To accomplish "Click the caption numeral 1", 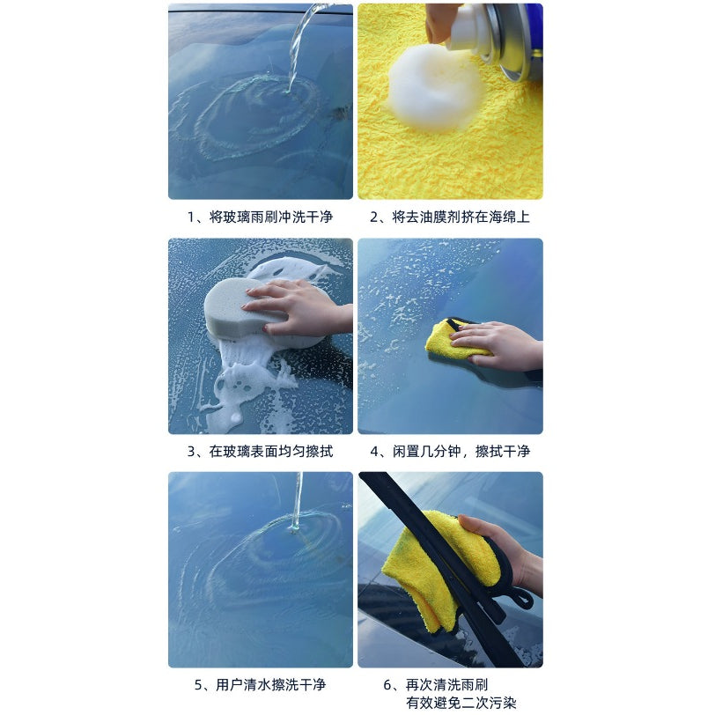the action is pos(191,217).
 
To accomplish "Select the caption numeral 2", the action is pos(374,217).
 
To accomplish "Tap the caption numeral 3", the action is pos(191,452).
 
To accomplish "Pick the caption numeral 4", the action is pos(374,452).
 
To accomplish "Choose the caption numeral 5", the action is pos(198,685).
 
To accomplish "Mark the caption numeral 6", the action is pos(387,685).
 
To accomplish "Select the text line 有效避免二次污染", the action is pos(461,703).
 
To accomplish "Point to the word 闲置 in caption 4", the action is pos(406,452).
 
